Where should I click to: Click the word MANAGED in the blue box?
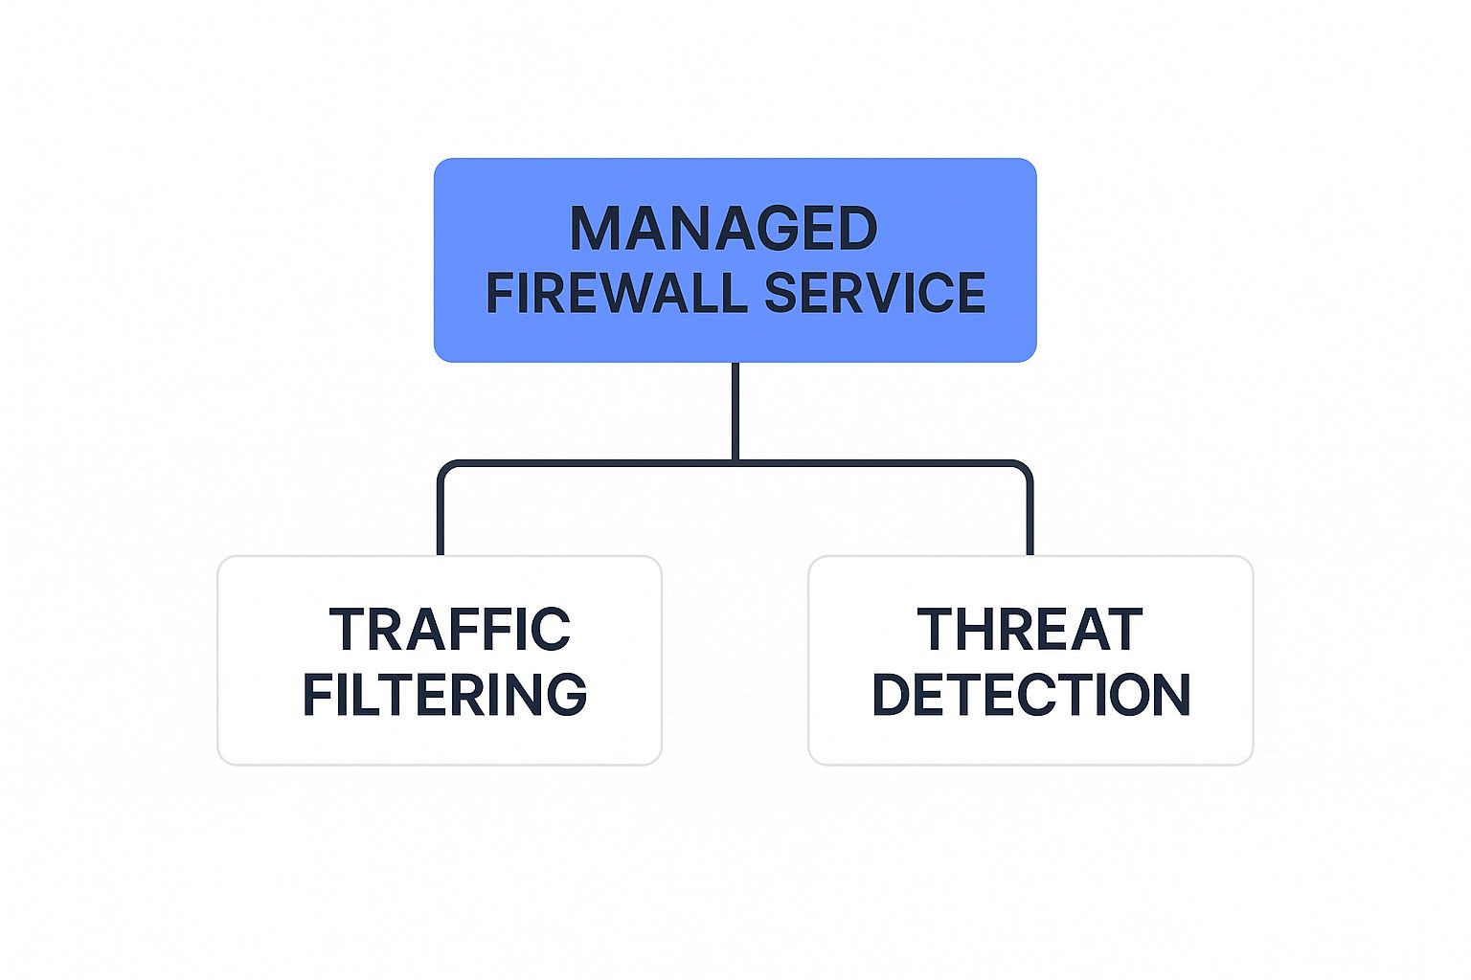click(724, 229)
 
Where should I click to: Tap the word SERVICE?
click(875, 293)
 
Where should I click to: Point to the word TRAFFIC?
click(449, 630)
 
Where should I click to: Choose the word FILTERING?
click(444, 695)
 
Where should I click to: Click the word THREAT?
click(1030, 630)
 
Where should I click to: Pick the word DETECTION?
click(1030, 695)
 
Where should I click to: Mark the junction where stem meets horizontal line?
click(735, 463)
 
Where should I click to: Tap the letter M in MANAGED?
click(594, 229)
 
